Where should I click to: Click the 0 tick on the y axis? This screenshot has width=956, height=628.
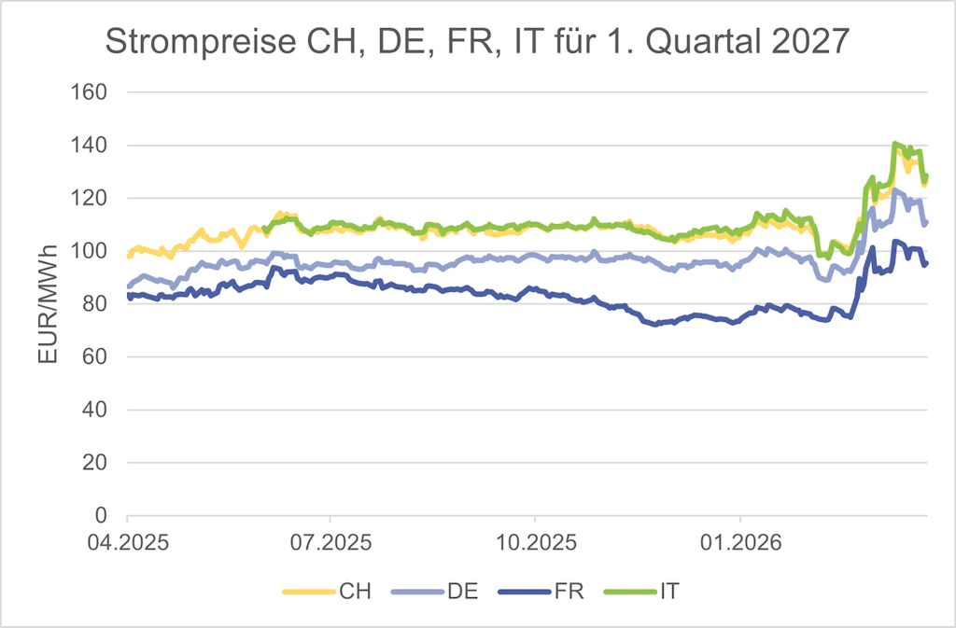coord(104,515)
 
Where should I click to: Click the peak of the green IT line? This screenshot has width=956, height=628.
coord(894,144)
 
